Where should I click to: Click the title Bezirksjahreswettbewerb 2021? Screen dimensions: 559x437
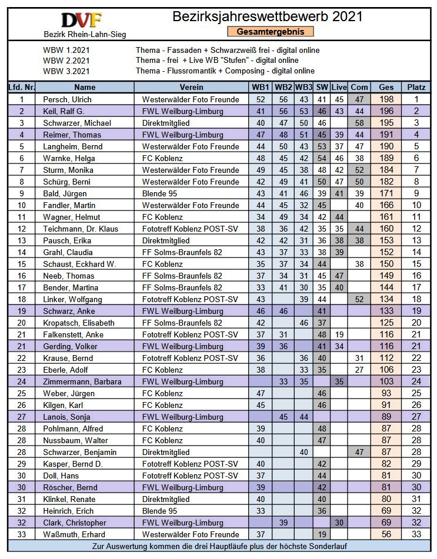point(268,16)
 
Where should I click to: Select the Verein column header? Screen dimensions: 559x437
point(192,88)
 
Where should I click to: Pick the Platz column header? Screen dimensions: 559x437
point(416,88)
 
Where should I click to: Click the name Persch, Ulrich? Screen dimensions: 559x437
point(67,99)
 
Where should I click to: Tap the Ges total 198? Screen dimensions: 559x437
point(386,99)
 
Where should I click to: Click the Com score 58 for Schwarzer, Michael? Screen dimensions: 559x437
point(359,123)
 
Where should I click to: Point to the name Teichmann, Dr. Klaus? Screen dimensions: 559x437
point(81,229)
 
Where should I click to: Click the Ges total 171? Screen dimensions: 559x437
point(386,193)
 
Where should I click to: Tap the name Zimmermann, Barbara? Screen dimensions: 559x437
point(82,381)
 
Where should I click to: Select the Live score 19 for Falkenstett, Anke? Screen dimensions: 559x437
point(339,334)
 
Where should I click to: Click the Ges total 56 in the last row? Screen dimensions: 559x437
point(386,534)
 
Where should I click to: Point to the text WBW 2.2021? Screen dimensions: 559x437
point(66,61)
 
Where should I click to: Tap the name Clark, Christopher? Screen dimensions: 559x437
point(75,523)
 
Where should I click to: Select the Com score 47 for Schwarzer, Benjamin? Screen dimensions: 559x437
point(359,452)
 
